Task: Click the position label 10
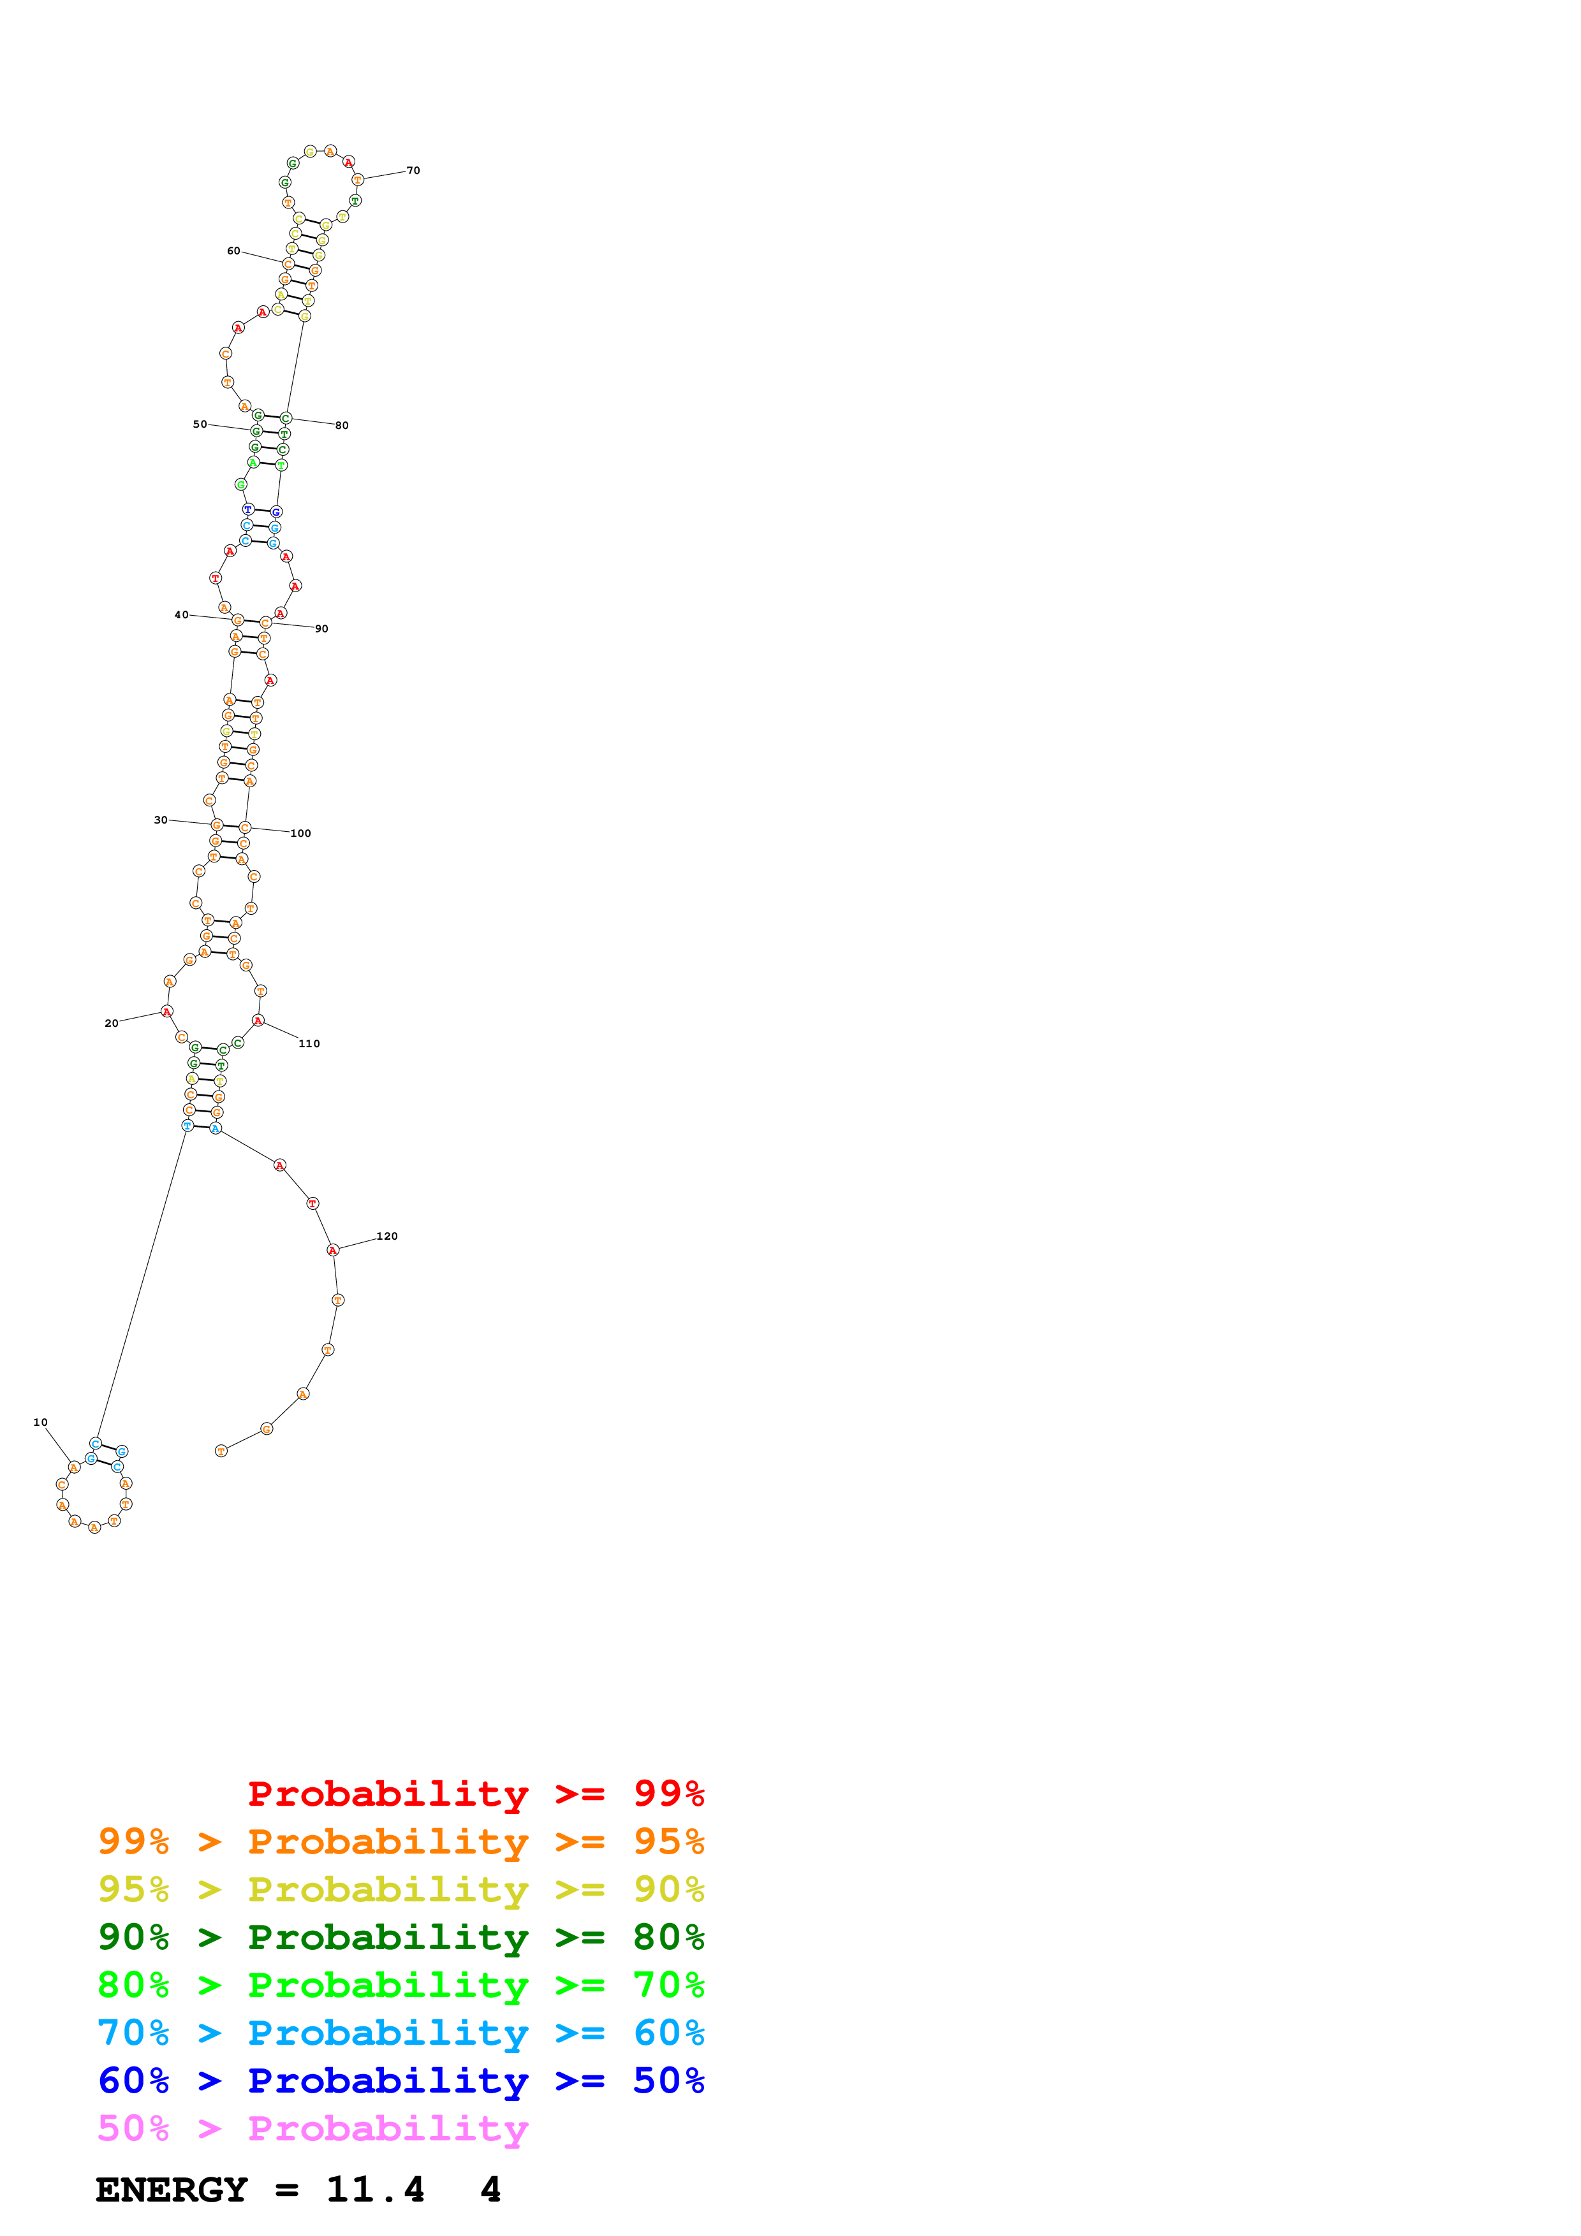point(40,1422)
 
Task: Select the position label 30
point(161,820)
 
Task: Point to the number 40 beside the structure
point(181,614)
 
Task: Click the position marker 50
point(200,425)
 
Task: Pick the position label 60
point(234,251)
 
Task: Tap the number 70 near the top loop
point(413,170)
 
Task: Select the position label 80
point(342,426)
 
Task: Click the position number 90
point(321,629)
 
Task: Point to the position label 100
point(301,834)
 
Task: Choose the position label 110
point(309,1044)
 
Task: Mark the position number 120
point(386,1237)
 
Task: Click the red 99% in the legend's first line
point(668,1793)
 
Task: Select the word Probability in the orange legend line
point(388,1841)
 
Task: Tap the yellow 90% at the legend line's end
point(668,1889)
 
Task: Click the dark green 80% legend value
point(668,1937)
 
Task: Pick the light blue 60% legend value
point(668,2033)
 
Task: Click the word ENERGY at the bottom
point(172,2189)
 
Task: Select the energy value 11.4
point(375,2189)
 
